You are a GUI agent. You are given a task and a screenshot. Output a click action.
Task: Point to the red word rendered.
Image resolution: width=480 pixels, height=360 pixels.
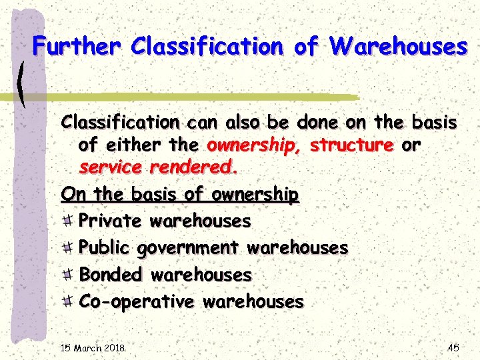coord(193,168)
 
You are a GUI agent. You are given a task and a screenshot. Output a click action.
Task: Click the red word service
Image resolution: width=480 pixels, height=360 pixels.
coord(111,168)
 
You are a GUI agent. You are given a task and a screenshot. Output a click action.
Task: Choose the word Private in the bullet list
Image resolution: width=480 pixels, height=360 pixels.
coord(110,221)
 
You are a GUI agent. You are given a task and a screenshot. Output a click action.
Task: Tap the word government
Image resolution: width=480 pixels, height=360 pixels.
coord(188,248)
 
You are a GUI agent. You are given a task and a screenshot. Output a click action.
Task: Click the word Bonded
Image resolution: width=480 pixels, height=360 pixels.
coord(111,274)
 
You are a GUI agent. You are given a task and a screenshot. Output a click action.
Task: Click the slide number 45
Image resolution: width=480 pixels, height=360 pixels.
coord(453,347)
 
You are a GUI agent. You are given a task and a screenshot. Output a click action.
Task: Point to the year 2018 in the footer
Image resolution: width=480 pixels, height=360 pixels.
coord(114,348)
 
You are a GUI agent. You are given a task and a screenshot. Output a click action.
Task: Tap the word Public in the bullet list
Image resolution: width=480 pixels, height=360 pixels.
coord(105,248)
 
